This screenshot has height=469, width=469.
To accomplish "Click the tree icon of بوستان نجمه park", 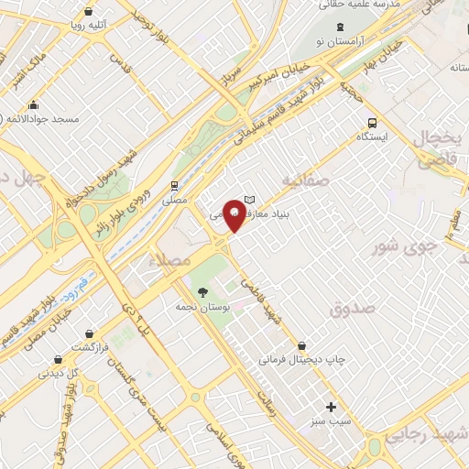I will [x=203, y=293].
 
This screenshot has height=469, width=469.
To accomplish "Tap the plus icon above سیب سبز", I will [x=331, y=407].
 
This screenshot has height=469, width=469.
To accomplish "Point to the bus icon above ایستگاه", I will [x=372, y=122].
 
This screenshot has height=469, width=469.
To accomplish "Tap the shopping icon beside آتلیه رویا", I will [x=87, y=12].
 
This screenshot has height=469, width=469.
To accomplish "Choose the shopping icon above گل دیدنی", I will [x=58, y=359].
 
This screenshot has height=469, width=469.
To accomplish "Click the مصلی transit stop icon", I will [x=174, y=184].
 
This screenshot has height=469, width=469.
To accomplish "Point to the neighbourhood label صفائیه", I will [x=303, y=180].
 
